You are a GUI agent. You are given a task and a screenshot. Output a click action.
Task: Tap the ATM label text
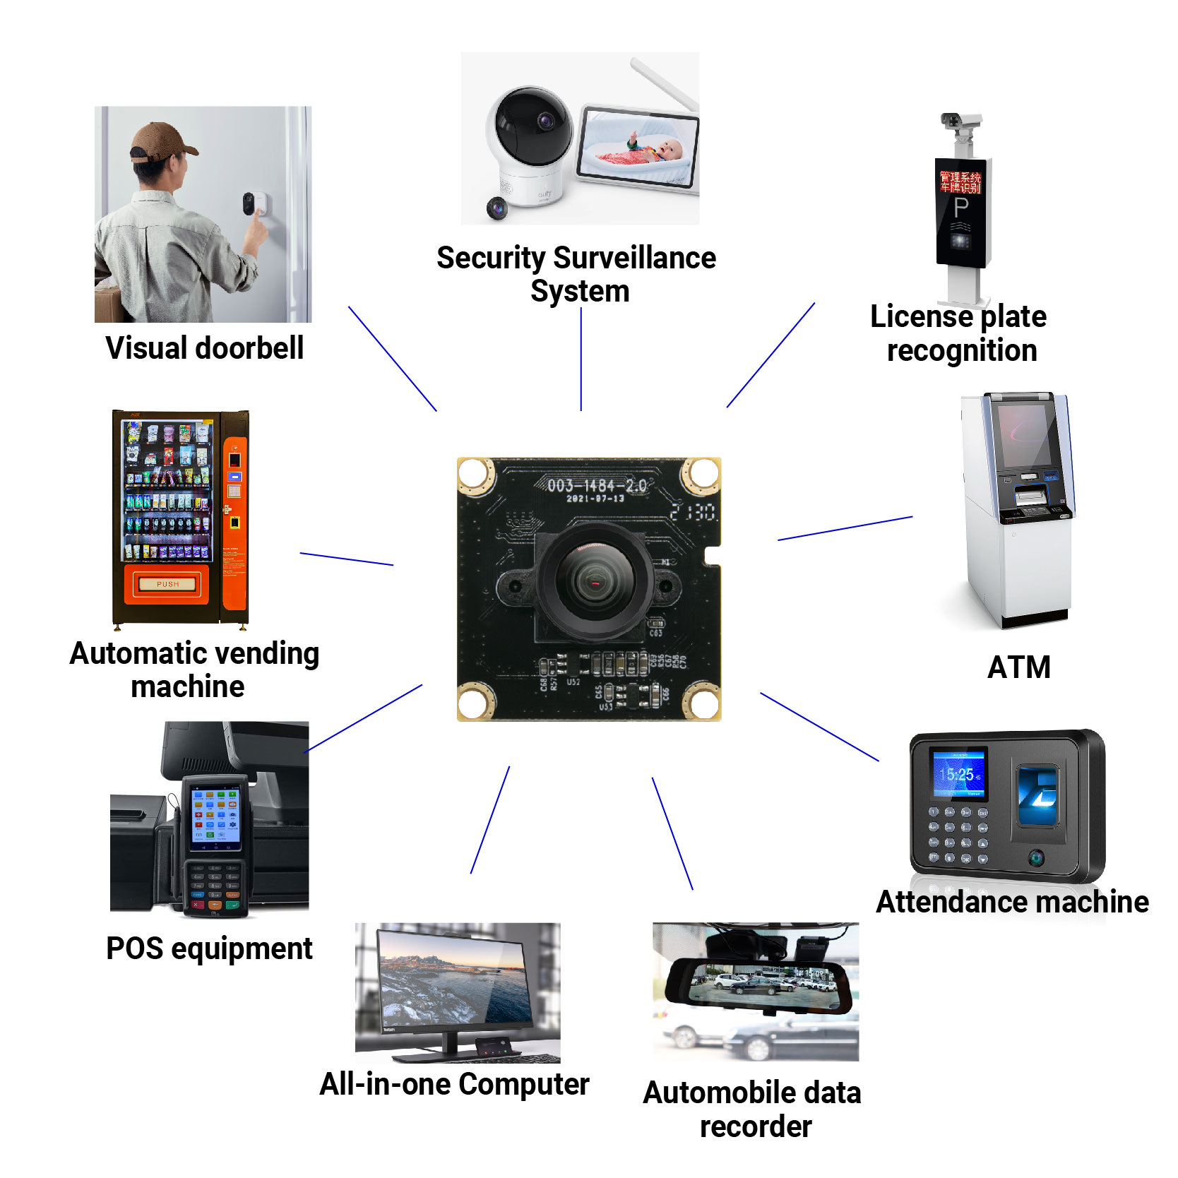click(1018, 667)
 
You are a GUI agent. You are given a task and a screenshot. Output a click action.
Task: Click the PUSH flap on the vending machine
click(167, 584)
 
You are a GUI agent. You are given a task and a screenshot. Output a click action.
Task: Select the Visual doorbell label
click(205, 348)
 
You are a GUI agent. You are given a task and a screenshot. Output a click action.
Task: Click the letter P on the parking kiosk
click(960, 208)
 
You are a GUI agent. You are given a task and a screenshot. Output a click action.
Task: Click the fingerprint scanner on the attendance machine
click(1038, 797)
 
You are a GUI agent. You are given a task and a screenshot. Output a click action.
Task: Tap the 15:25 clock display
click(958, 775)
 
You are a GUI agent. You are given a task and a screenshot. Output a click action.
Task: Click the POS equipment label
click(209, 948)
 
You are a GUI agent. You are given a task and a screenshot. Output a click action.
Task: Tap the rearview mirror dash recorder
click(759, 984)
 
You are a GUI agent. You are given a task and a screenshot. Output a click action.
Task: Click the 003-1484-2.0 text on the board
click(597, 485)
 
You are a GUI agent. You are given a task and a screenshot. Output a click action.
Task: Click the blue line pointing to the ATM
click(845, 528)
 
